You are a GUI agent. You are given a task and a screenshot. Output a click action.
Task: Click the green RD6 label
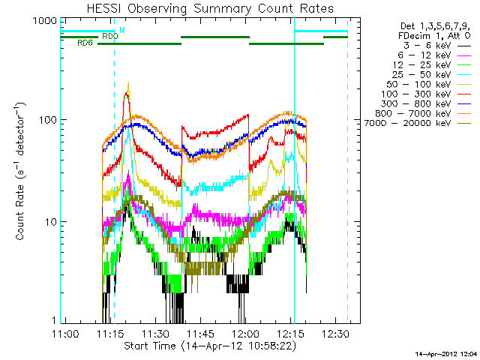pos(85,43)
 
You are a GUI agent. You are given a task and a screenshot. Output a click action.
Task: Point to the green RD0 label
pos(109,36)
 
